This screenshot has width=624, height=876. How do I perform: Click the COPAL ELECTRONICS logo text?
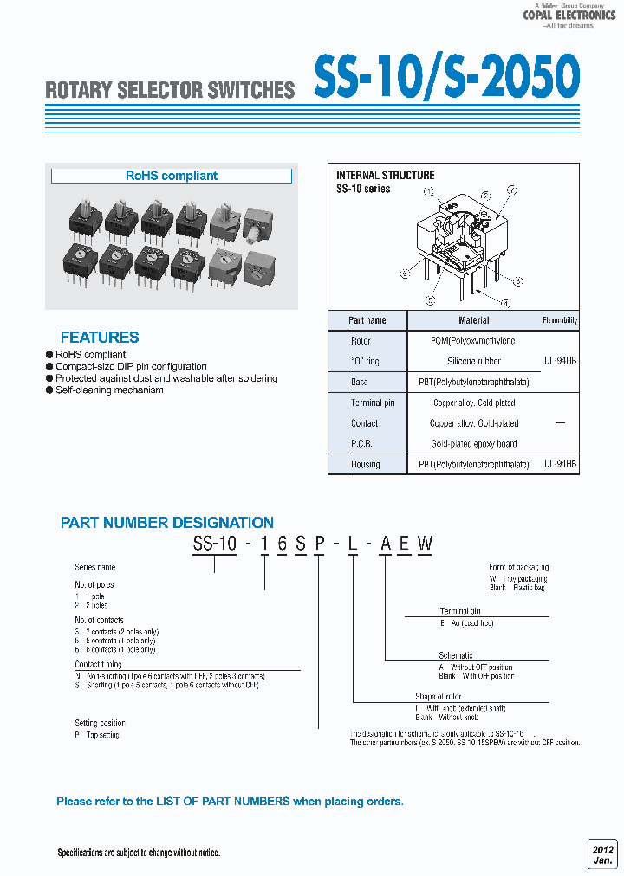click(569, 15)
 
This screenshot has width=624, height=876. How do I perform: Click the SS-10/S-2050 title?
click(445, 78)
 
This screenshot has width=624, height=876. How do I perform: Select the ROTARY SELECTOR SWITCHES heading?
click(170, 90)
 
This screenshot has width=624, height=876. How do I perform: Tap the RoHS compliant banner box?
click(172, 176)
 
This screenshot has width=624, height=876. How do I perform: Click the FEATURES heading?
click(100, 338)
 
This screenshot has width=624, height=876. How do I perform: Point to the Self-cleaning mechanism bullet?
click(109, 390)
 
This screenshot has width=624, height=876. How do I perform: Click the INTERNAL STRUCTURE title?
click(385, 175)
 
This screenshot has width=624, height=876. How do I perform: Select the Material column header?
click(473, 320)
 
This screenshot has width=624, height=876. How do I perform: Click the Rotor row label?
click(361, 341)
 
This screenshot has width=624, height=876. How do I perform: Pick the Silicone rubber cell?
click(473, 361)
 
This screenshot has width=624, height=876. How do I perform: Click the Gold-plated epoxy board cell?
click(473, 444)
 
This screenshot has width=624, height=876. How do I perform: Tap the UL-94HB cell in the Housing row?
click(561, 464)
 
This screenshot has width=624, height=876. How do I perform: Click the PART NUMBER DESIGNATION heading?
click(167, 523)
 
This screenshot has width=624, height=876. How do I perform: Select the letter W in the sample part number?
click(425, 544)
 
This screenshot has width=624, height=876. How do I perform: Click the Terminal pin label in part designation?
click(460, 611)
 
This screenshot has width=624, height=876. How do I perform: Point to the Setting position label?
click(100, 723)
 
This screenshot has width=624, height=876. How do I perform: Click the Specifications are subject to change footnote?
click(139, 853)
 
